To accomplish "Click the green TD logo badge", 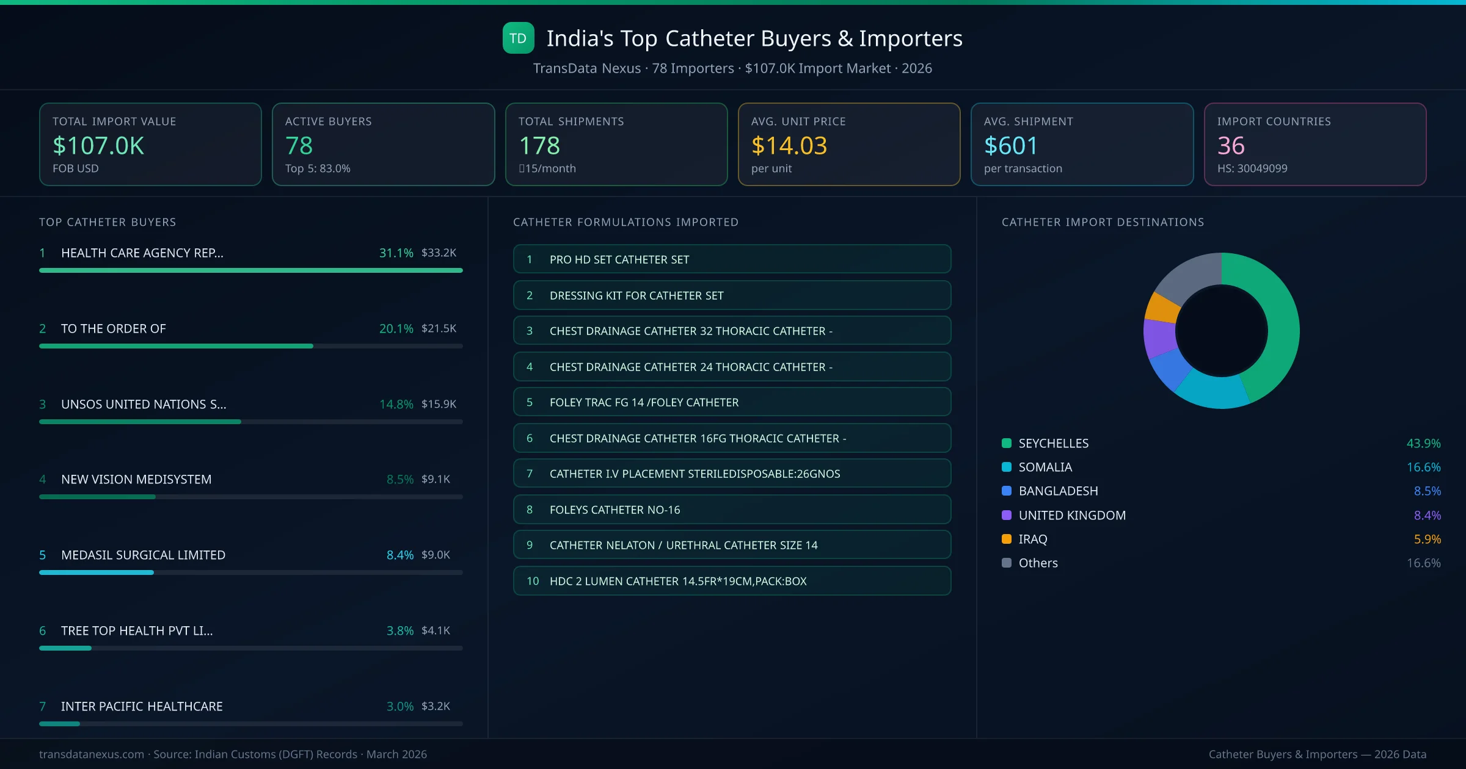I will point(518,38).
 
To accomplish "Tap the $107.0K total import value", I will point(98,146).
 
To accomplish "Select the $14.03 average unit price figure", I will point(789,146).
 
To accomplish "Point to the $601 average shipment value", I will point(1010,146).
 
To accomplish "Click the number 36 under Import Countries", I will point(1230,146).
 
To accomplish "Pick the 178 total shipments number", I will point(539,146).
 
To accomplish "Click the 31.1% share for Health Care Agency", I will point(396,253).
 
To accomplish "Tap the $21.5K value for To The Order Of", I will point(439,328).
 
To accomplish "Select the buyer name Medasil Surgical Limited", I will point(143,555).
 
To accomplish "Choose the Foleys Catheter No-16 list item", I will point(732,510).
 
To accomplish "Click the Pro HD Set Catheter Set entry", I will point(732,259).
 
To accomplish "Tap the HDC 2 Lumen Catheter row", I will point(732,581).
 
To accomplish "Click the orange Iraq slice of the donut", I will point(1161,308).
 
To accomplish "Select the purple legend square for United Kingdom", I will point(1007,515).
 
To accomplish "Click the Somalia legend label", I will point(1045,467).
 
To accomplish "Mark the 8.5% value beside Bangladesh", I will point(1427,491).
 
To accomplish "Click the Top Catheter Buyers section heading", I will point(108,222).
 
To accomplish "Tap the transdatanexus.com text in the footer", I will point(92,754).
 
